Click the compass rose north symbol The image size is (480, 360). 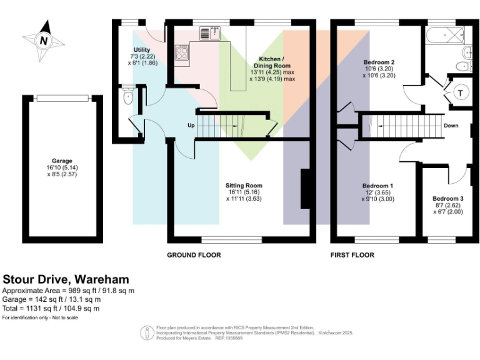tap(43, 41)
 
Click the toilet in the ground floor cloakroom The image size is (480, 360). tap(129, 97)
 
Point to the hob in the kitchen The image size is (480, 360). tap(182, 54)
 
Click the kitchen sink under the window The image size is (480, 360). tap(213, 34)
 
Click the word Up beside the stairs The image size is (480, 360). tap(191, 126)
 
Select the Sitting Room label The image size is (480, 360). tap(244, 186)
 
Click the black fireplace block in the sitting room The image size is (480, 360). tap(306, 188)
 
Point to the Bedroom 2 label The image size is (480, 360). tap(379, 62)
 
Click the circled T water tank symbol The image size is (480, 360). tap(461, 92)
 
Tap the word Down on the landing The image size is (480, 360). tap(451, 126)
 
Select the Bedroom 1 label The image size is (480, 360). tap(377, 186)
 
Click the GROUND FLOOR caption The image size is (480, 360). tap(194, 255)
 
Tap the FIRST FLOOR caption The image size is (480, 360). tap(352, 255)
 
